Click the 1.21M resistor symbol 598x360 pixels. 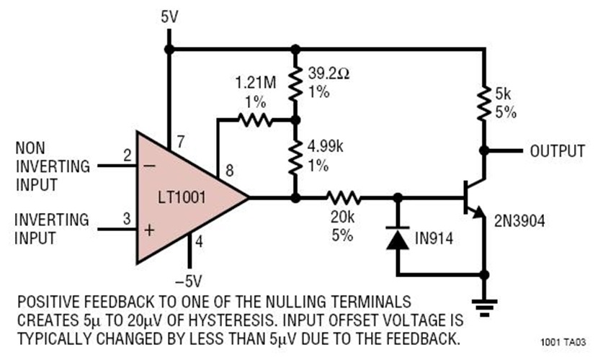(x=256, y=120)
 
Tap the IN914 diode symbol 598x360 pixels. (x=396, y=238)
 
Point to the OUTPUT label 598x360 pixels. (x=558, y=151)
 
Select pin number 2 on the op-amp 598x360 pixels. (x=127, y=155)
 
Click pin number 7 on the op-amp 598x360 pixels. (x=182, y=138)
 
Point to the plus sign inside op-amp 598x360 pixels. (x=148, y=230)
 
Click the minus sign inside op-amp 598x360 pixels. (x=148, y=165)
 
